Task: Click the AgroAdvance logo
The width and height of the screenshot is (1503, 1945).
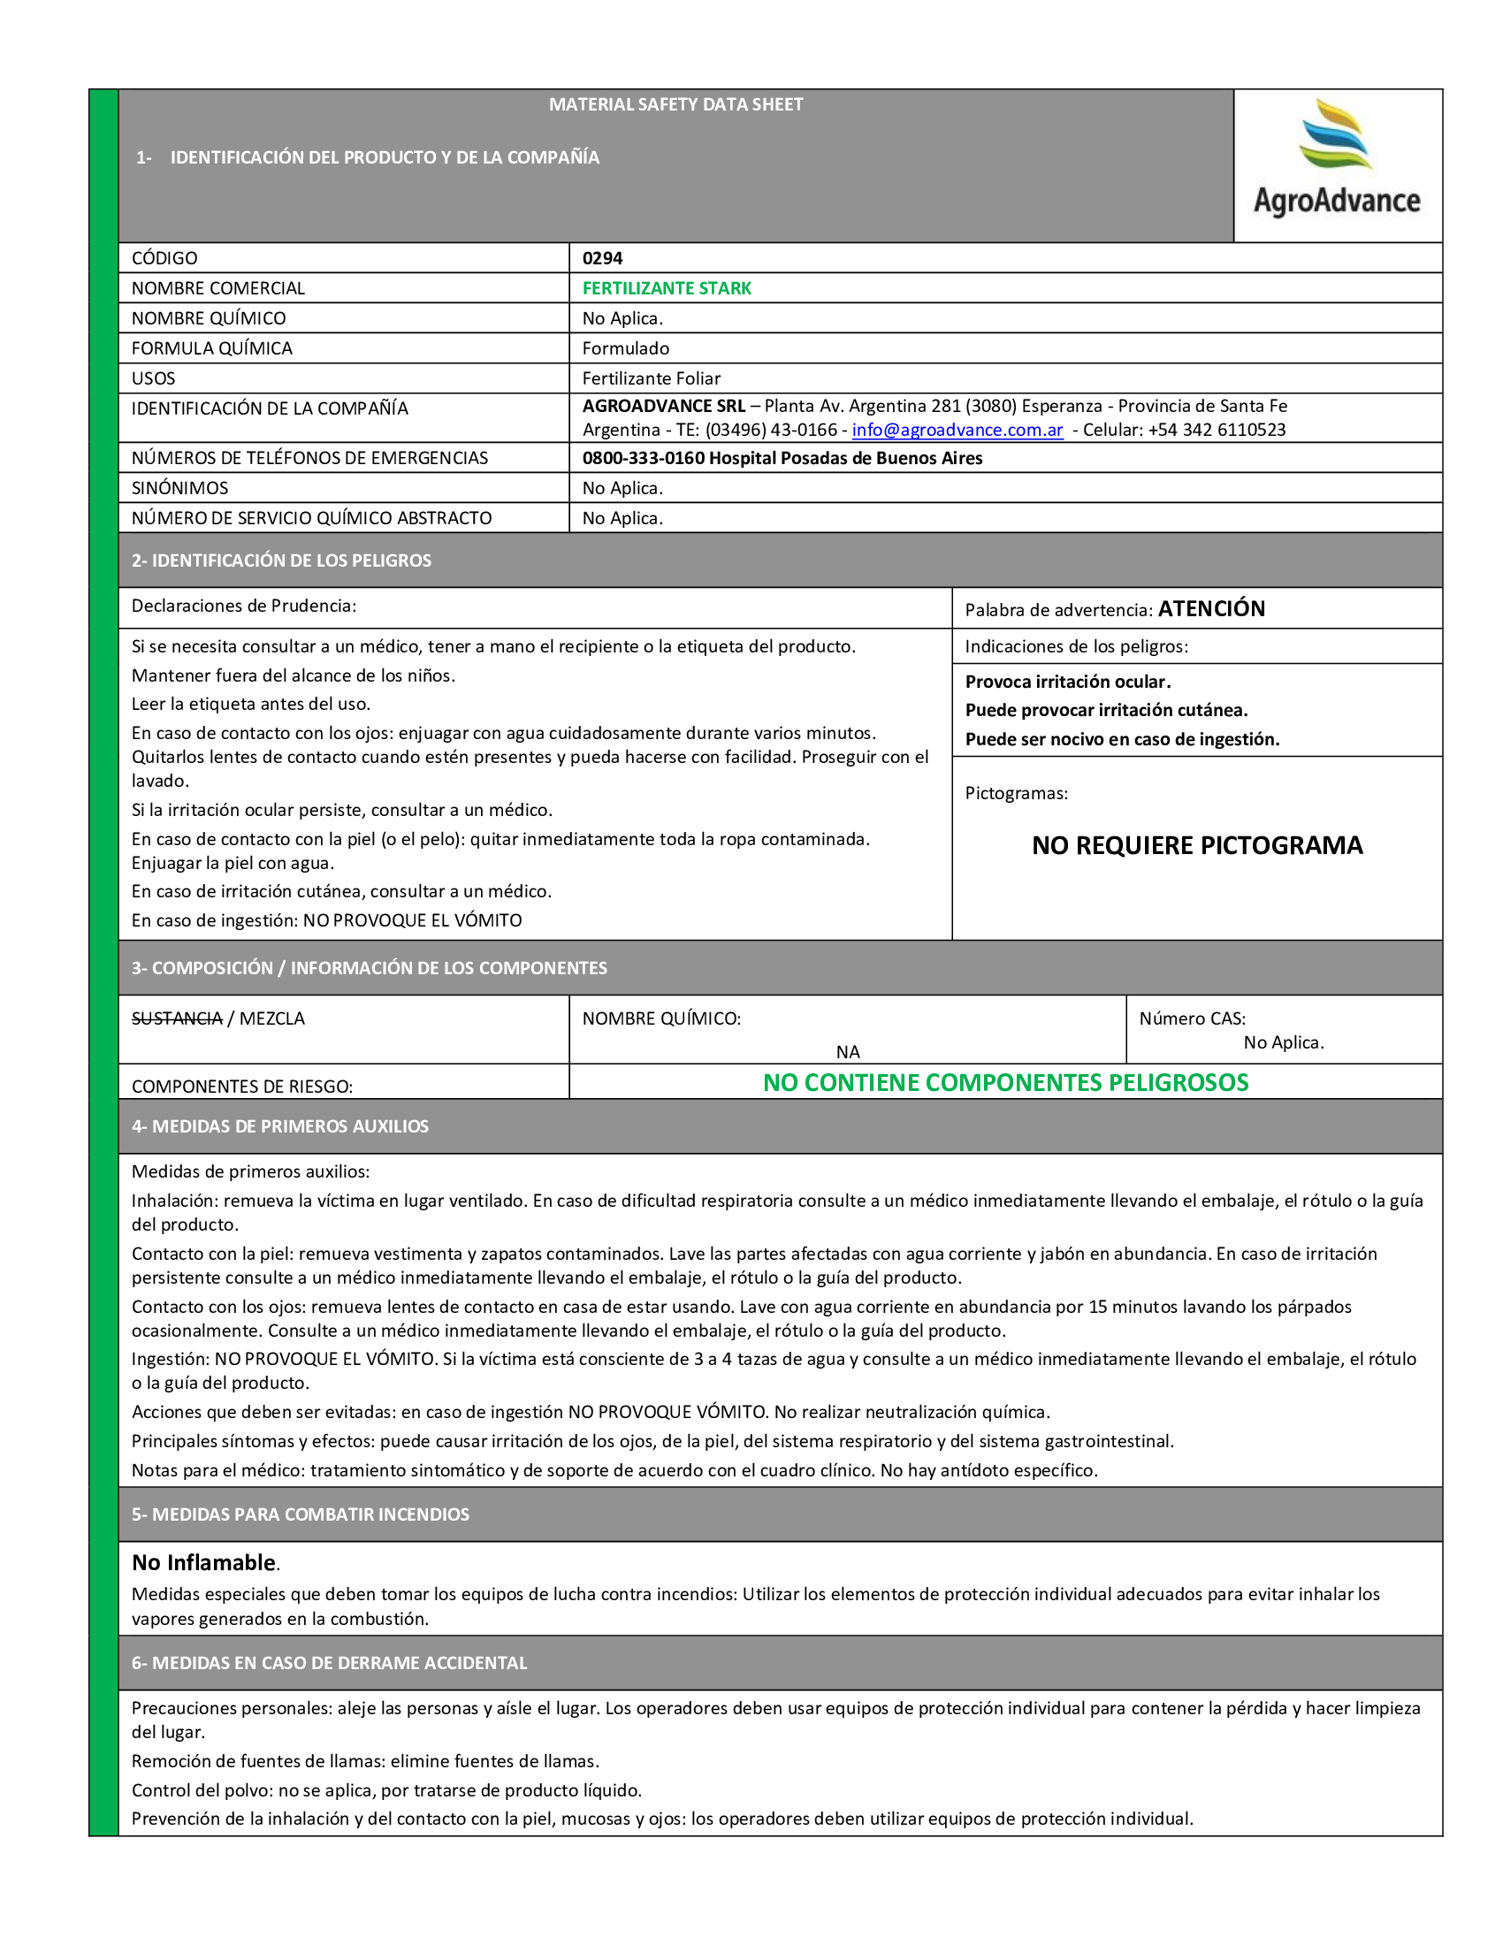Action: click(x=1336, y=160)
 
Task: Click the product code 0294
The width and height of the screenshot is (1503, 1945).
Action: click(x=602, y=258)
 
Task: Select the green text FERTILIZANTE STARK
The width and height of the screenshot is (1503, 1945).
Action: click(x=666, y=288)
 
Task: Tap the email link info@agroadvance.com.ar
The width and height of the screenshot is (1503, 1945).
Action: click(x=957, y=431)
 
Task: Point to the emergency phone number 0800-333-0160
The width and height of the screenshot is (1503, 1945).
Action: click(x=643, y=459)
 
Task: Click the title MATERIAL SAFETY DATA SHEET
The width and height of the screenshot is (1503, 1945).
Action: click(x=675, y=105)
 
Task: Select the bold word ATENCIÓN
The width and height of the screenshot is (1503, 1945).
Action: click(x=1211, y=609)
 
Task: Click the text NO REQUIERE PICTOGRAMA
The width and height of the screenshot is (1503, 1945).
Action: click(x=1197, y=845)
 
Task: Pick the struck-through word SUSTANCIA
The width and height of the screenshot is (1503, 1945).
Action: click(x=177, y=1018)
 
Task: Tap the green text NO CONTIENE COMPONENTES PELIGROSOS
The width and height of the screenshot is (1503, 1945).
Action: click(x=1005, y=1083)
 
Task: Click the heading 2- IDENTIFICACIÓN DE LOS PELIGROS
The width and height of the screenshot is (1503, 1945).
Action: click(x=281, y=561)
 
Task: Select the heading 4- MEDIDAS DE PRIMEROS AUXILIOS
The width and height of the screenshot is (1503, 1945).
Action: click(x=279, y=1126)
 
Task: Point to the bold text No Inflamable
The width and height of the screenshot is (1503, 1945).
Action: click(x=204, y=1563)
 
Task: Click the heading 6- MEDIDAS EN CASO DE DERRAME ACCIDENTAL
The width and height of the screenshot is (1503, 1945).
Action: click(x=330, y=1664)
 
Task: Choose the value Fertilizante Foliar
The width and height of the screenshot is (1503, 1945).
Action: click(x=651, y=378)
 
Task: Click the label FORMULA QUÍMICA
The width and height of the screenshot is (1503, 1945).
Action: click(x=212, y=348)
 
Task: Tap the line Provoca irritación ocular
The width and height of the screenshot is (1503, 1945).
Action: click(x=1068, y=683)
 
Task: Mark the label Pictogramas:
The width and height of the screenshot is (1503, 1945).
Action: click(x=1016, y=794)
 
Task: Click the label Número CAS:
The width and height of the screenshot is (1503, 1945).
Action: click(x=1193, y=1018)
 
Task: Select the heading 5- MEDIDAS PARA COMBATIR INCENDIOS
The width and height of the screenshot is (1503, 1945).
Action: click(x=300, y=1514)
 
